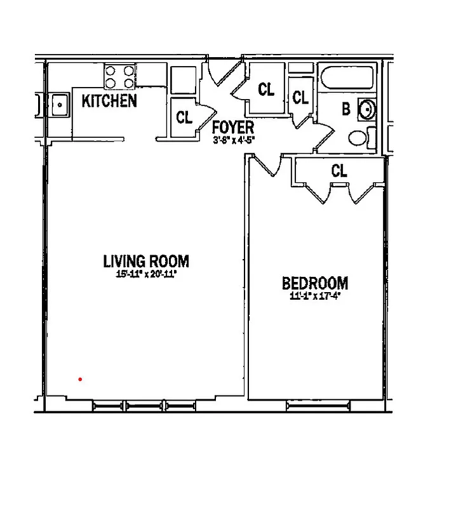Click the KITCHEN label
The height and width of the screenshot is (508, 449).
(109, 100)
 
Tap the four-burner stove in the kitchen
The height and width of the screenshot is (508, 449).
(120, 77)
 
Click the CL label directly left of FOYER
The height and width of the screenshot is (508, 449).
(184, 117)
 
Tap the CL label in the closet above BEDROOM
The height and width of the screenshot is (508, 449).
(339, 170)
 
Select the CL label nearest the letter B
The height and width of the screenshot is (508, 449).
(300, 98)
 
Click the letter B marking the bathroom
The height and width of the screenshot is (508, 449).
(346, 109)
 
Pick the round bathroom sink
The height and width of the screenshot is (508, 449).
(367, 109)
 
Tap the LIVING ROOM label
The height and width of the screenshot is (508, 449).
(146, 261)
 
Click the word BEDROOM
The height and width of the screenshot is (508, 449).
(315, 283)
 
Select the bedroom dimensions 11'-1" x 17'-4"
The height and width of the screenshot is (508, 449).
(316, 295)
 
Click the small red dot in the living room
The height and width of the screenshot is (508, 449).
(80, 380)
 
